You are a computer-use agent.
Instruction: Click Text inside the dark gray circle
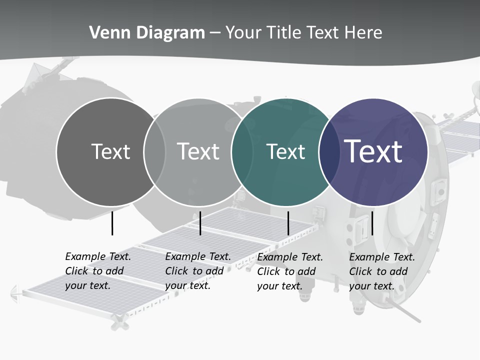pos(110,151)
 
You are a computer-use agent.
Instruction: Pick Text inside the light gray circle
pos(198,151)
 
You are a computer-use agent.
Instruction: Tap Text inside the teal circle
pos(285,151)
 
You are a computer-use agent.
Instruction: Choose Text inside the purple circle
pos(373,151)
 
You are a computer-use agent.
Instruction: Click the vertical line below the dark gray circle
pos(112,223)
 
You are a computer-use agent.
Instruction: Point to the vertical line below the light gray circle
pos(200,223)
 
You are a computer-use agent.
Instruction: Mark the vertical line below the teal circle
pos(288,223)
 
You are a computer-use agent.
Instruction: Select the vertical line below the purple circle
pos(372,223)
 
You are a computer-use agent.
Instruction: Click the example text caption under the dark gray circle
pos(98,271)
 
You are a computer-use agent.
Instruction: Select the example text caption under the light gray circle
pos(198,271)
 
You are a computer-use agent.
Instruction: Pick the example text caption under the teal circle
pos(290,271)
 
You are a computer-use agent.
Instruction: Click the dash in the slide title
pos(215,33)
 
